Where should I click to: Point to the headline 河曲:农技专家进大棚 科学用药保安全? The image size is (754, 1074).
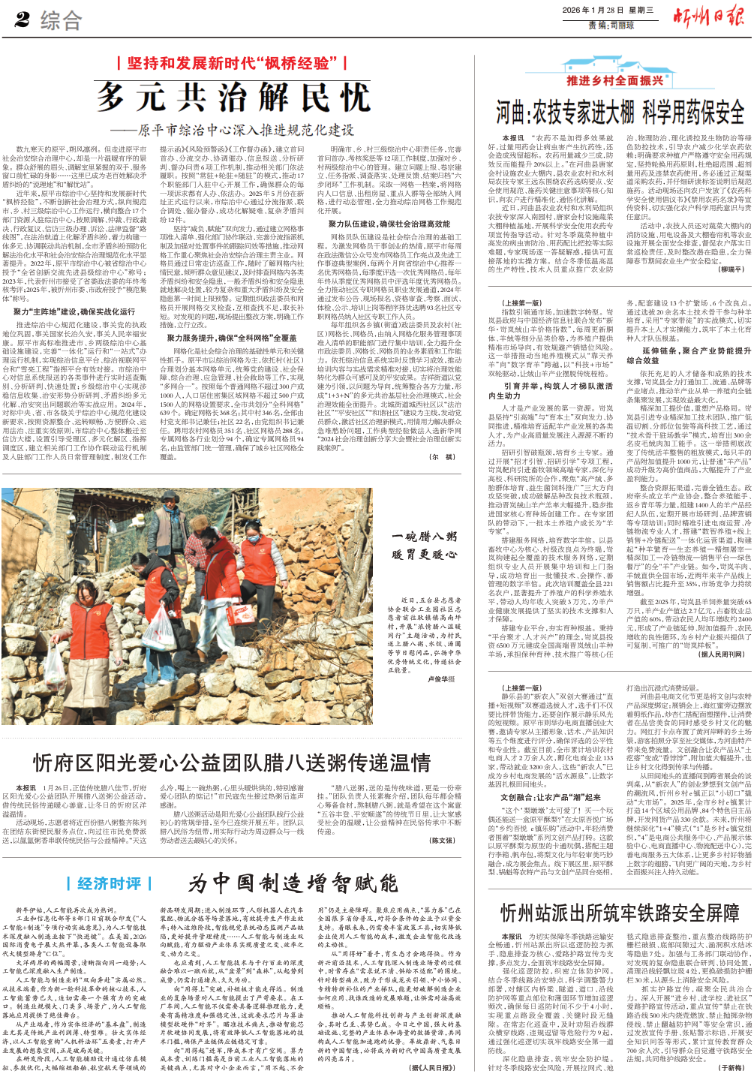(x=620, y=113)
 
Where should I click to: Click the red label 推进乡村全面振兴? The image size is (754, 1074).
(x=614, y=80)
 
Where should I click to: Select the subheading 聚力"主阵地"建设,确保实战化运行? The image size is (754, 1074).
(x=74, y=311)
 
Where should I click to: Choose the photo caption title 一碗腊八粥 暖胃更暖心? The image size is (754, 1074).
(x=424, y=546)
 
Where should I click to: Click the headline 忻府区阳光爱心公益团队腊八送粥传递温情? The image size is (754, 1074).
(x=231, y=763)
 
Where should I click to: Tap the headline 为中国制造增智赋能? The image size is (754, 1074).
(x=293, y=883)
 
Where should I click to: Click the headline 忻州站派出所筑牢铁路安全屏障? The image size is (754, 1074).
(x=620, y=913)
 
